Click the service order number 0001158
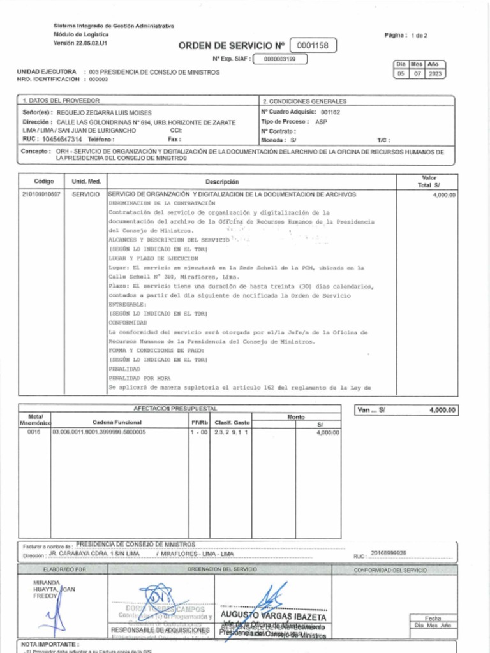[313, 46]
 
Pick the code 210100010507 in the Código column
[41, 194]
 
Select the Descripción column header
[222, 182]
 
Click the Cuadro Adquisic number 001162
[330, 112]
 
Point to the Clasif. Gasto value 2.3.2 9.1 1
[231, 432]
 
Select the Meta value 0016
[33, 432]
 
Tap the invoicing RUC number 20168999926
[389, 553]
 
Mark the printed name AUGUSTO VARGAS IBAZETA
[273, 617]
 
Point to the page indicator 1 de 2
[419, 36]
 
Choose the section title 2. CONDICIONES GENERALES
[304, 101]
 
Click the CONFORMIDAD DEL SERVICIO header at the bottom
[390, 570]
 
